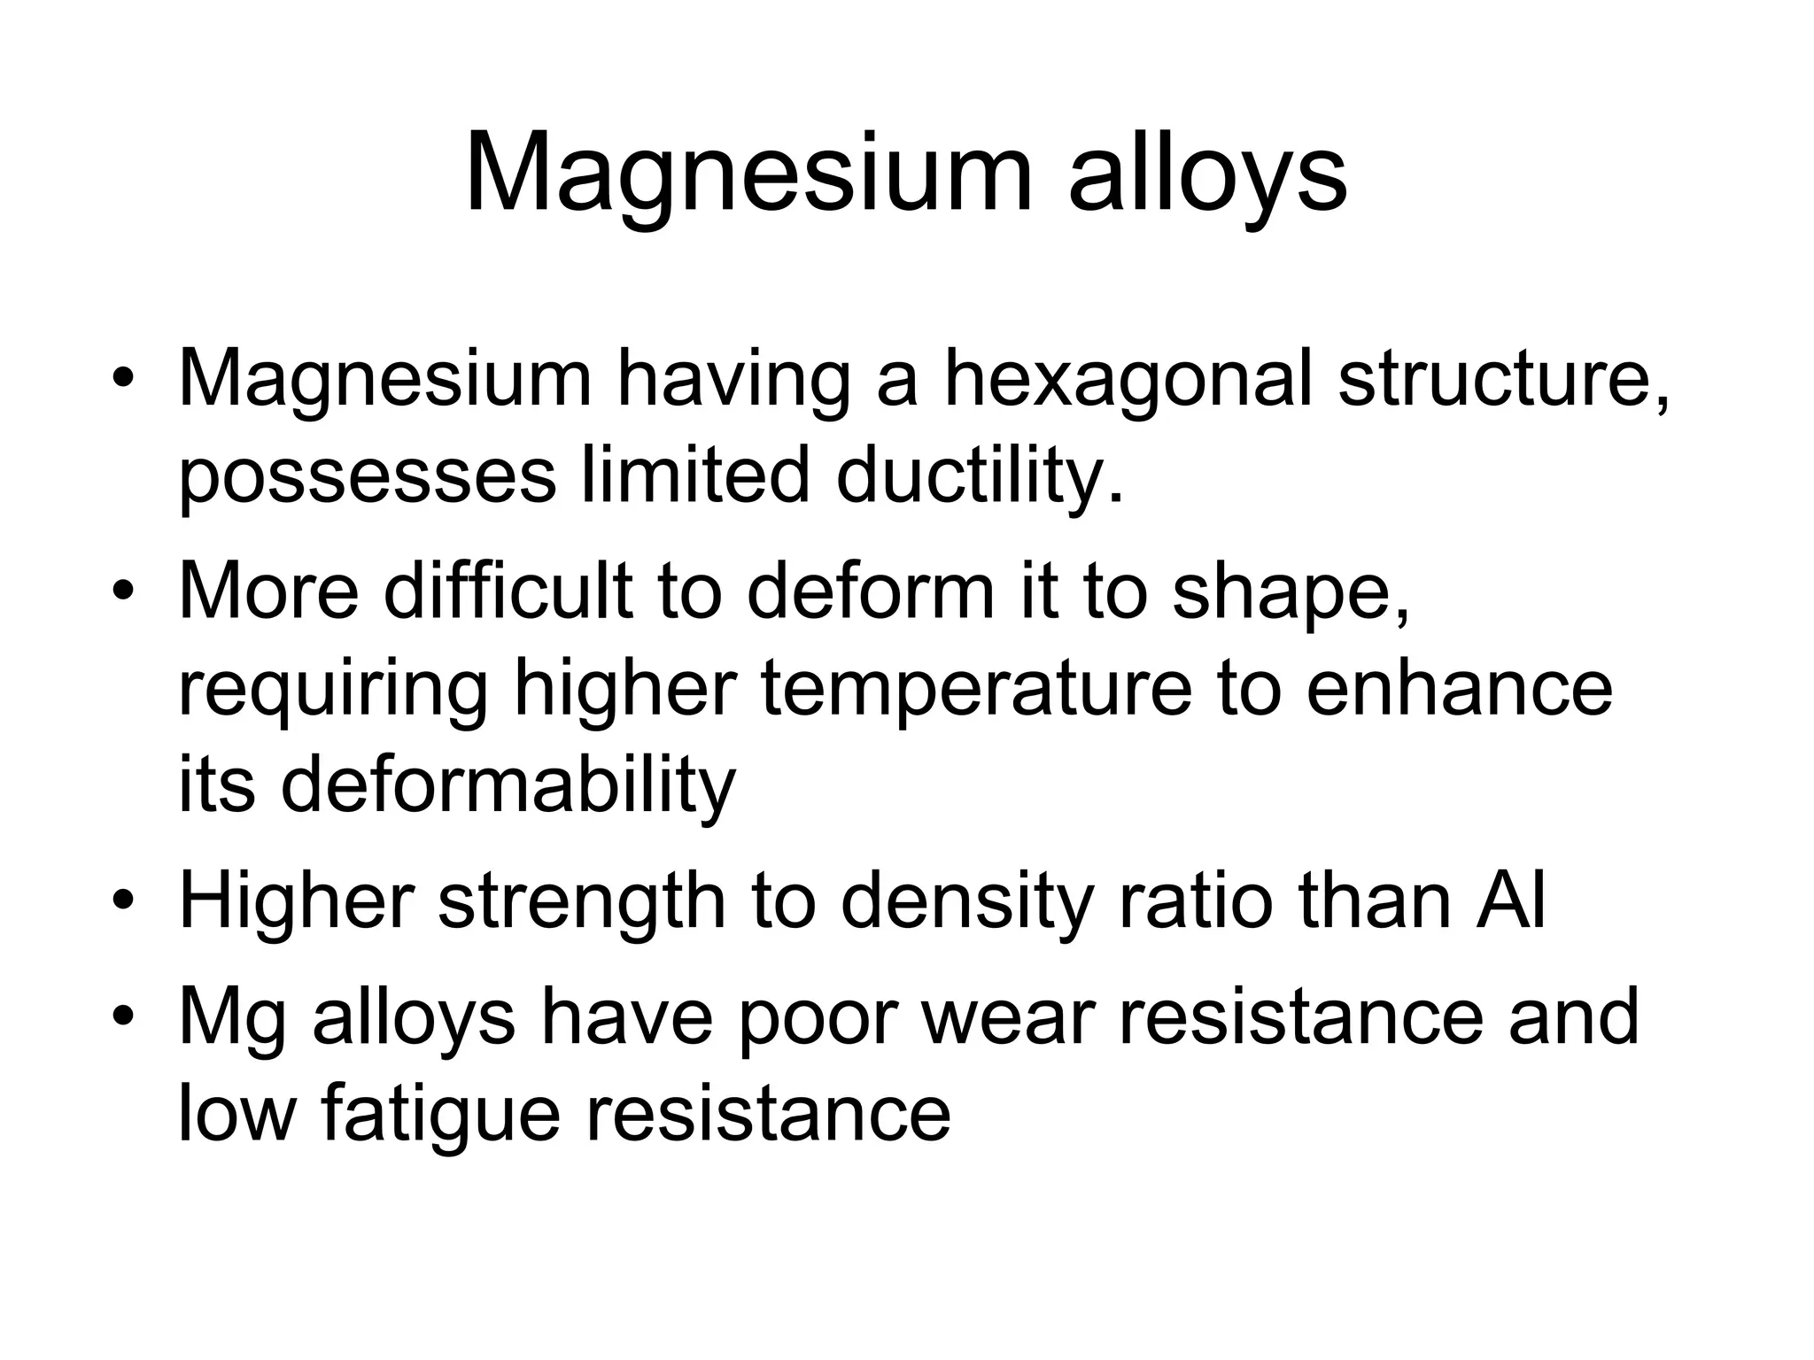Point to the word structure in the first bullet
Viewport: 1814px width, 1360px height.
pos(1503,381)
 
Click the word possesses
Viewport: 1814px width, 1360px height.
pos(368,478)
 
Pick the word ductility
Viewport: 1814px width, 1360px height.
pos(980,476)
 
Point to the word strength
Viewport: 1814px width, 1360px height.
pos(582,903)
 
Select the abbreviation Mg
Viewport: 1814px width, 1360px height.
pos(232,1020)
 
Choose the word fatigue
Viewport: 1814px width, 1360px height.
pos(440,1116)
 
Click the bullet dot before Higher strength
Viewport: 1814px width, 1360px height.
pos(124,903)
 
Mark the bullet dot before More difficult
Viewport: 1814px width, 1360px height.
pos(124,591)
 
